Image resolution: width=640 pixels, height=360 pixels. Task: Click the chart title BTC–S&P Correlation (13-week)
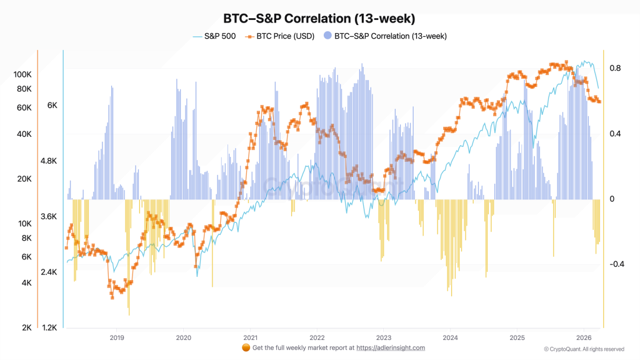[319, 19]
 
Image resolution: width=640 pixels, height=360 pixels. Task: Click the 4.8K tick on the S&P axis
[49, 161]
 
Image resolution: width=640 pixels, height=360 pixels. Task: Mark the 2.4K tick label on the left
[49, 272]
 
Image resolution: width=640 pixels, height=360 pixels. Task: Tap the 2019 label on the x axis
[116, 337]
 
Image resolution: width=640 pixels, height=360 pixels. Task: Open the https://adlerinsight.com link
[391, 347]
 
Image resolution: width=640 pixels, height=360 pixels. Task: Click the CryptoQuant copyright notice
[584, 349]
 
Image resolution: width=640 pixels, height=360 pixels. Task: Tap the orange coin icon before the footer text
[246, 347]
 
